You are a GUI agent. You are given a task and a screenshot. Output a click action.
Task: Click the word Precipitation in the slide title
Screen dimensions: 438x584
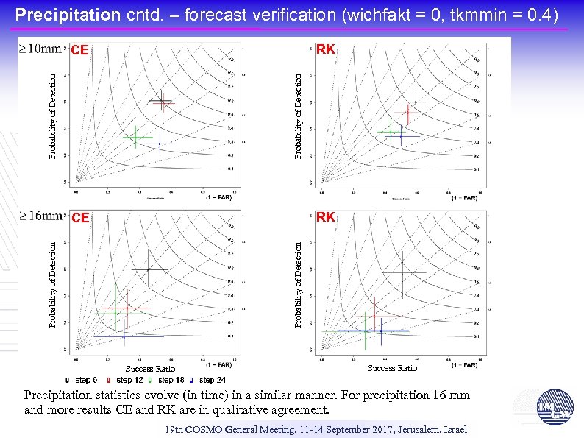pyautogui.click(x=67, y=14)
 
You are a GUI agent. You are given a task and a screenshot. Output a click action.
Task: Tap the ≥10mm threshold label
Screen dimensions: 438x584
pyautogui.click(x=39, y=50)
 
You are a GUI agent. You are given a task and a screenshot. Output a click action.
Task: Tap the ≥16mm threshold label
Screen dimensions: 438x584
pyautogui.click(x=39, y=216)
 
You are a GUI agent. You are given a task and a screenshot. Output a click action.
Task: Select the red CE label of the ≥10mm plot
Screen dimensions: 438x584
pyautogui.click(x=79, y=51)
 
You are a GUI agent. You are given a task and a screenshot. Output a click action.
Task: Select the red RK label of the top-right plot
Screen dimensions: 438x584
pyautogui.click(x=325, y=50)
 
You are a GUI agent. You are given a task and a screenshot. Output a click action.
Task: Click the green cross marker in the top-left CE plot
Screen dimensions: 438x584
pyautogui.click(x=135, y=137)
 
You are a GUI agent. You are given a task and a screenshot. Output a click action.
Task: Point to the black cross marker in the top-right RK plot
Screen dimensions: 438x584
pyautogui.click(x=415, y=102)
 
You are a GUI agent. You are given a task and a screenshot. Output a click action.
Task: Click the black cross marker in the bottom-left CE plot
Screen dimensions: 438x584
pyautogui.click(x=149, y=270)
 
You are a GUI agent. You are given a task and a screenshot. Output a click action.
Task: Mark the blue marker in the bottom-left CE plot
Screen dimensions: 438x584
pyautogui.click(x=124, y=336)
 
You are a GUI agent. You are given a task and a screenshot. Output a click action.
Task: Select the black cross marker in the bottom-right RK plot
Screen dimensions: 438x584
pyautogui.click(x=402, y=273)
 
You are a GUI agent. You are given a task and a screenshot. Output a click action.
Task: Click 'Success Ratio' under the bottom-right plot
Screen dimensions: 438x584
pyautogui.click(x=391, y=368)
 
